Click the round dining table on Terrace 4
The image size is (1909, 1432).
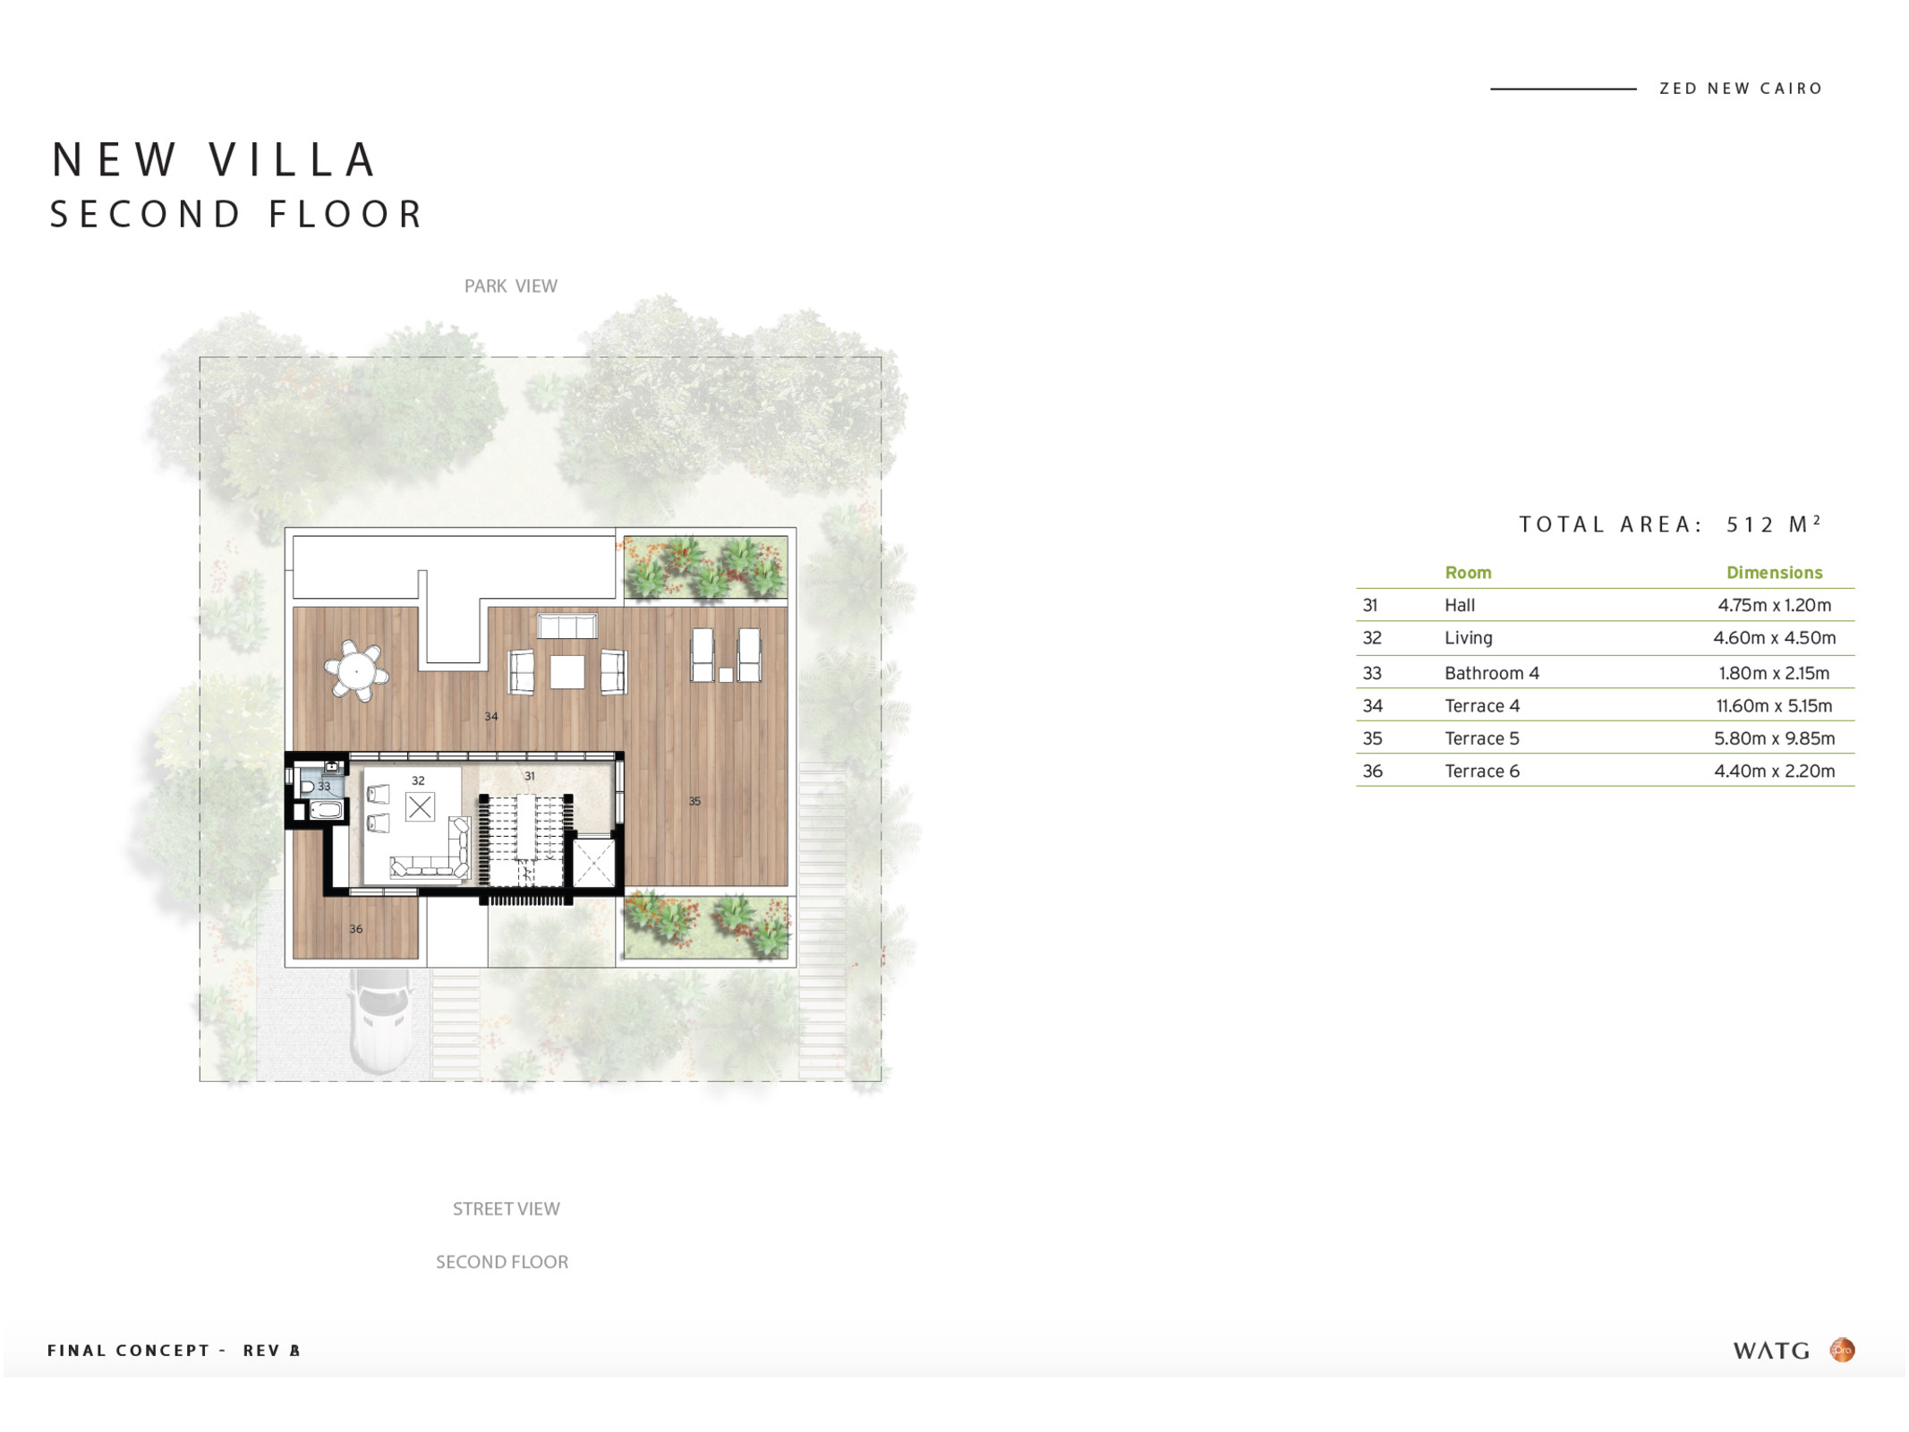(x=356, y=670)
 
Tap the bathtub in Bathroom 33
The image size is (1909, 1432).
(x=326, y=811)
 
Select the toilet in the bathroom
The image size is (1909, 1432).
(x=307, y=787)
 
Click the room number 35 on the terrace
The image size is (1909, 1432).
(x=695, y=801)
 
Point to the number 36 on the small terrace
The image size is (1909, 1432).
(x=356, y=929)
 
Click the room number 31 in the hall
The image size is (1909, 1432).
(x=530, y=776)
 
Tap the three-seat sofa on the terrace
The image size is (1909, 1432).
(x=567, y=626)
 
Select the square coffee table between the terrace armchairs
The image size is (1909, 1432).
(x=567, y=672)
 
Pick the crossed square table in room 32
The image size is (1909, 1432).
(x=420, y=807)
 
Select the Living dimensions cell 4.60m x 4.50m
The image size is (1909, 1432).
(x=1774, y=638)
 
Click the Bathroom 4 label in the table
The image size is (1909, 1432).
(x=1492, y=673)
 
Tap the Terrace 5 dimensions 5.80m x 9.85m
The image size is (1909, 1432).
(x=1774, y=738)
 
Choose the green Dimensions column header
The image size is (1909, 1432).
(x=1774, y=573)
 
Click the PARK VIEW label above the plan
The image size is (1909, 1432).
(x=511, y=286)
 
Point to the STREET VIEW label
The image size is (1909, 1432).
(x=507, y=1209)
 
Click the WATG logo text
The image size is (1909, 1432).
(x=1771, y=1351)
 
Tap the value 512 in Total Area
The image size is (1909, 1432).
(x=1751, y=525)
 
